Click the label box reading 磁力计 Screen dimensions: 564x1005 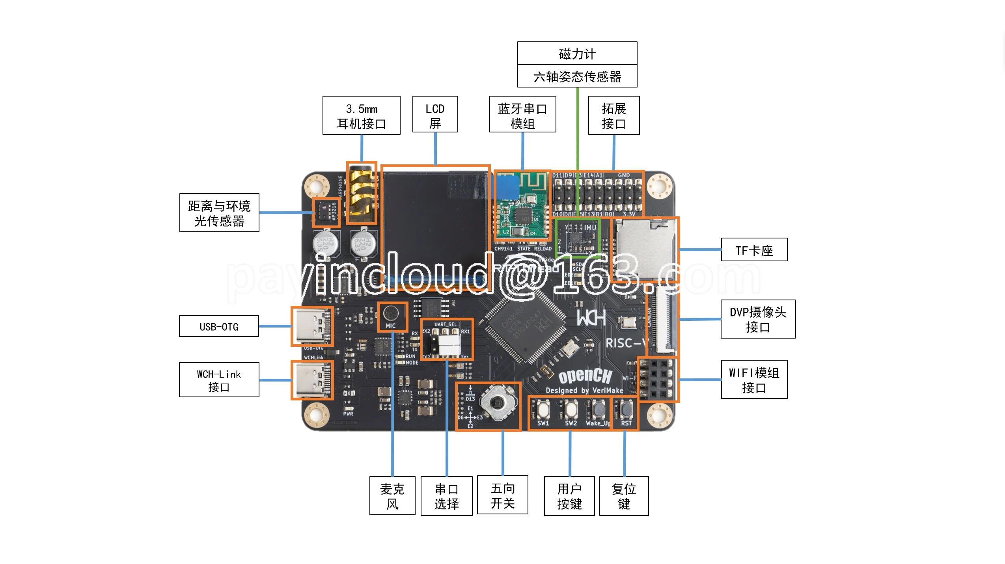point(577,53)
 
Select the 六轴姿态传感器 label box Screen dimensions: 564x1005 point(577,76)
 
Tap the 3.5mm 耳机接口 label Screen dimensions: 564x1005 point(361,115)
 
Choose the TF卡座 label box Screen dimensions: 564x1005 point(754,249)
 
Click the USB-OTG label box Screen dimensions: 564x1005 point(219,326)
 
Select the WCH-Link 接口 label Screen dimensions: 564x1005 point(219,380)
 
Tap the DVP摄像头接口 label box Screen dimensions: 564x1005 point(758,319)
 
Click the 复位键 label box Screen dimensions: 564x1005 point(624,496)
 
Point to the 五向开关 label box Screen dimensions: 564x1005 point(502,495)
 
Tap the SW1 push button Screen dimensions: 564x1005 point(543,409)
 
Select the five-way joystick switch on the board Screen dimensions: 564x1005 point(498,403)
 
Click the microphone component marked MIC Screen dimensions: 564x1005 point(391,314)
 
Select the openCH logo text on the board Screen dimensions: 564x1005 point(585,376)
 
